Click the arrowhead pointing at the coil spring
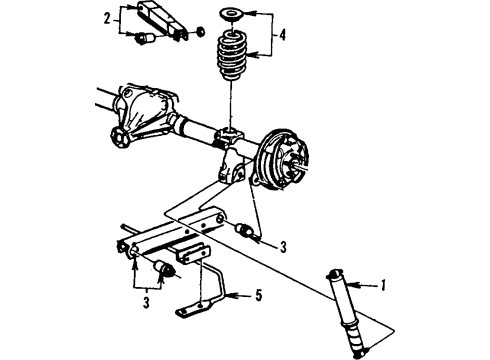coord(255,53)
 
